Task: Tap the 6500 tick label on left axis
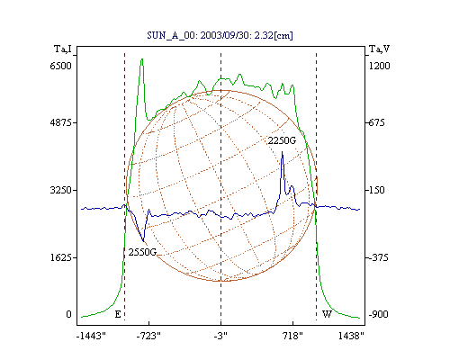[60, 66]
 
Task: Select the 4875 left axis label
[60, 122]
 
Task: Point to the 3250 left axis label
[60, 190]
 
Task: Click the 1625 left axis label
[60, 257]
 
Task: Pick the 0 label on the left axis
[68, 314]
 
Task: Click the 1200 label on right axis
[379, 66]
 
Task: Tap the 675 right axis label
[376, 122]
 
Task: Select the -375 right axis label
[378, 257]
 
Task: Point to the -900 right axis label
[378, 314]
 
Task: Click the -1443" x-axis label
[91, 337]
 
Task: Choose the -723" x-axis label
[148, 337]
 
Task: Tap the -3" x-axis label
[220, 337]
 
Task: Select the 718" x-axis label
[292, 337]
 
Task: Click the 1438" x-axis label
[351, 337]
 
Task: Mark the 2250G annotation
[282, 140]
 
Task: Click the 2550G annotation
[142, 252]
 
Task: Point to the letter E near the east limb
[118, 314]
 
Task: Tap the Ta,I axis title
[63, 49]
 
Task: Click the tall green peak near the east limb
[142, 59]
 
